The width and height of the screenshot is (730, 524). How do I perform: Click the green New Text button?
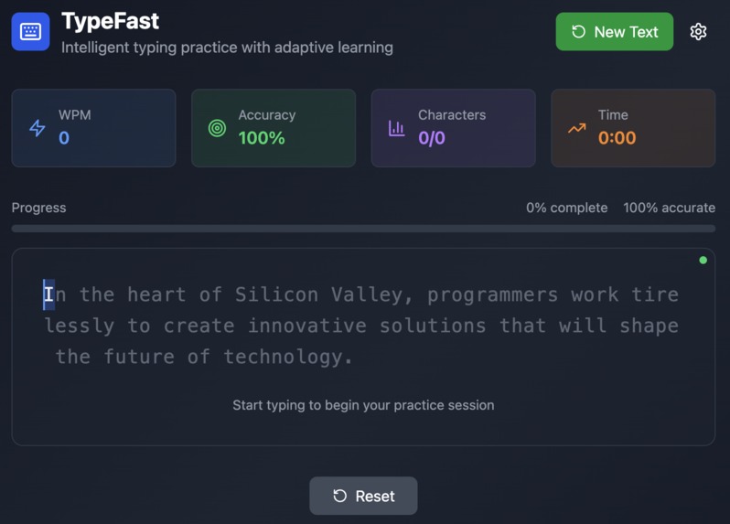(x=614, y=32)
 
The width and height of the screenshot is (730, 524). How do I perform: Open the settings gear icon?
(x=698, y=32)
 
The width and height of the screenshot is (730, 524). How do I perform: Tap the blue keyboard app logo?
(x=30, y=32)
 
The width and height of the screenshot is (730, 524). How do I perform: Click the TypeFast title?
(x=110, y=20)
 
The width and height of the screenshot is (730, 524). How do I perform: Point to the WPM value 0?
(x=64, y=138)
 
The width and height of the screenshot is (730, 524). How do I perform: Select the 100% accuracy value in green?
(x=262, y=138)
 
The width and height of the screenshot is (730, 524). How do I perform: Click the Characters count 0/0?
(x=432, y=138)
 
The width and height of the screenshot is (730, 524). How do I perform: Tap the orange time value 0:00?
(x=617, y=138)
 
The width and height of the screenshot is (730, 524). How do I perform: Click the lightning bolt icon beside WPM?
(x=38, y=128)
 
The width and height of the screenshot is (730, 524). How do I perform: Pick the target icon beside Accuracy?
(x=217, y=128)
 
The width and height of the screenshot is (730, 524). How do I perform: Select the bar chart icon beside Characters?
(x=396, y=128)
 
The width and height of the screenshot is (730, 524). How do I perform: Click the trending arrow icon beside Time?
(x=576, y=128)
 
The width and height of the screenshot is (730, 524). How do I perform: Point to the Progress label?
(x=38, y=208)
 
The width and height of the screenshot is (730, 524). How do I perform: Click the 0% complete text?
(x=566, y=208)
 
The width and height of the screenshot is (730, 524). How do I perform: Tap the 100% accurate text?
(x=669, y=208)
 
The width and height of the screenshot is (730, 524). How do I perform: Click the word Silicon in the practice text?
(x=271, y=294)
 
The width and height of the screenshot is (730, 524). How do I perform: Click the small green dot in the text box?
(x=703, y=261)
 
